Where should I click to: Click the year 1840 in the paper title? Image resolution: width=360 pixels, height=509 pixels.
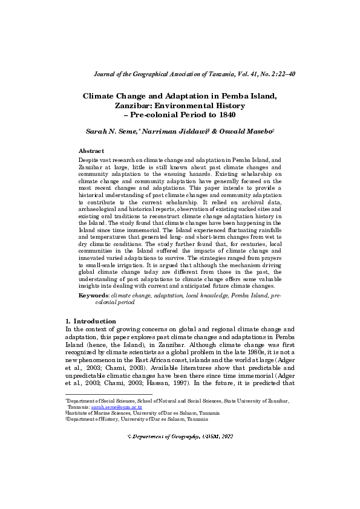(x=223, y=114)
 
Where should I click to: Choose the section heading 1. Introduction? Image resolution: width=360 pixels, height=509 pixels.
(x=90, y=320)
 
